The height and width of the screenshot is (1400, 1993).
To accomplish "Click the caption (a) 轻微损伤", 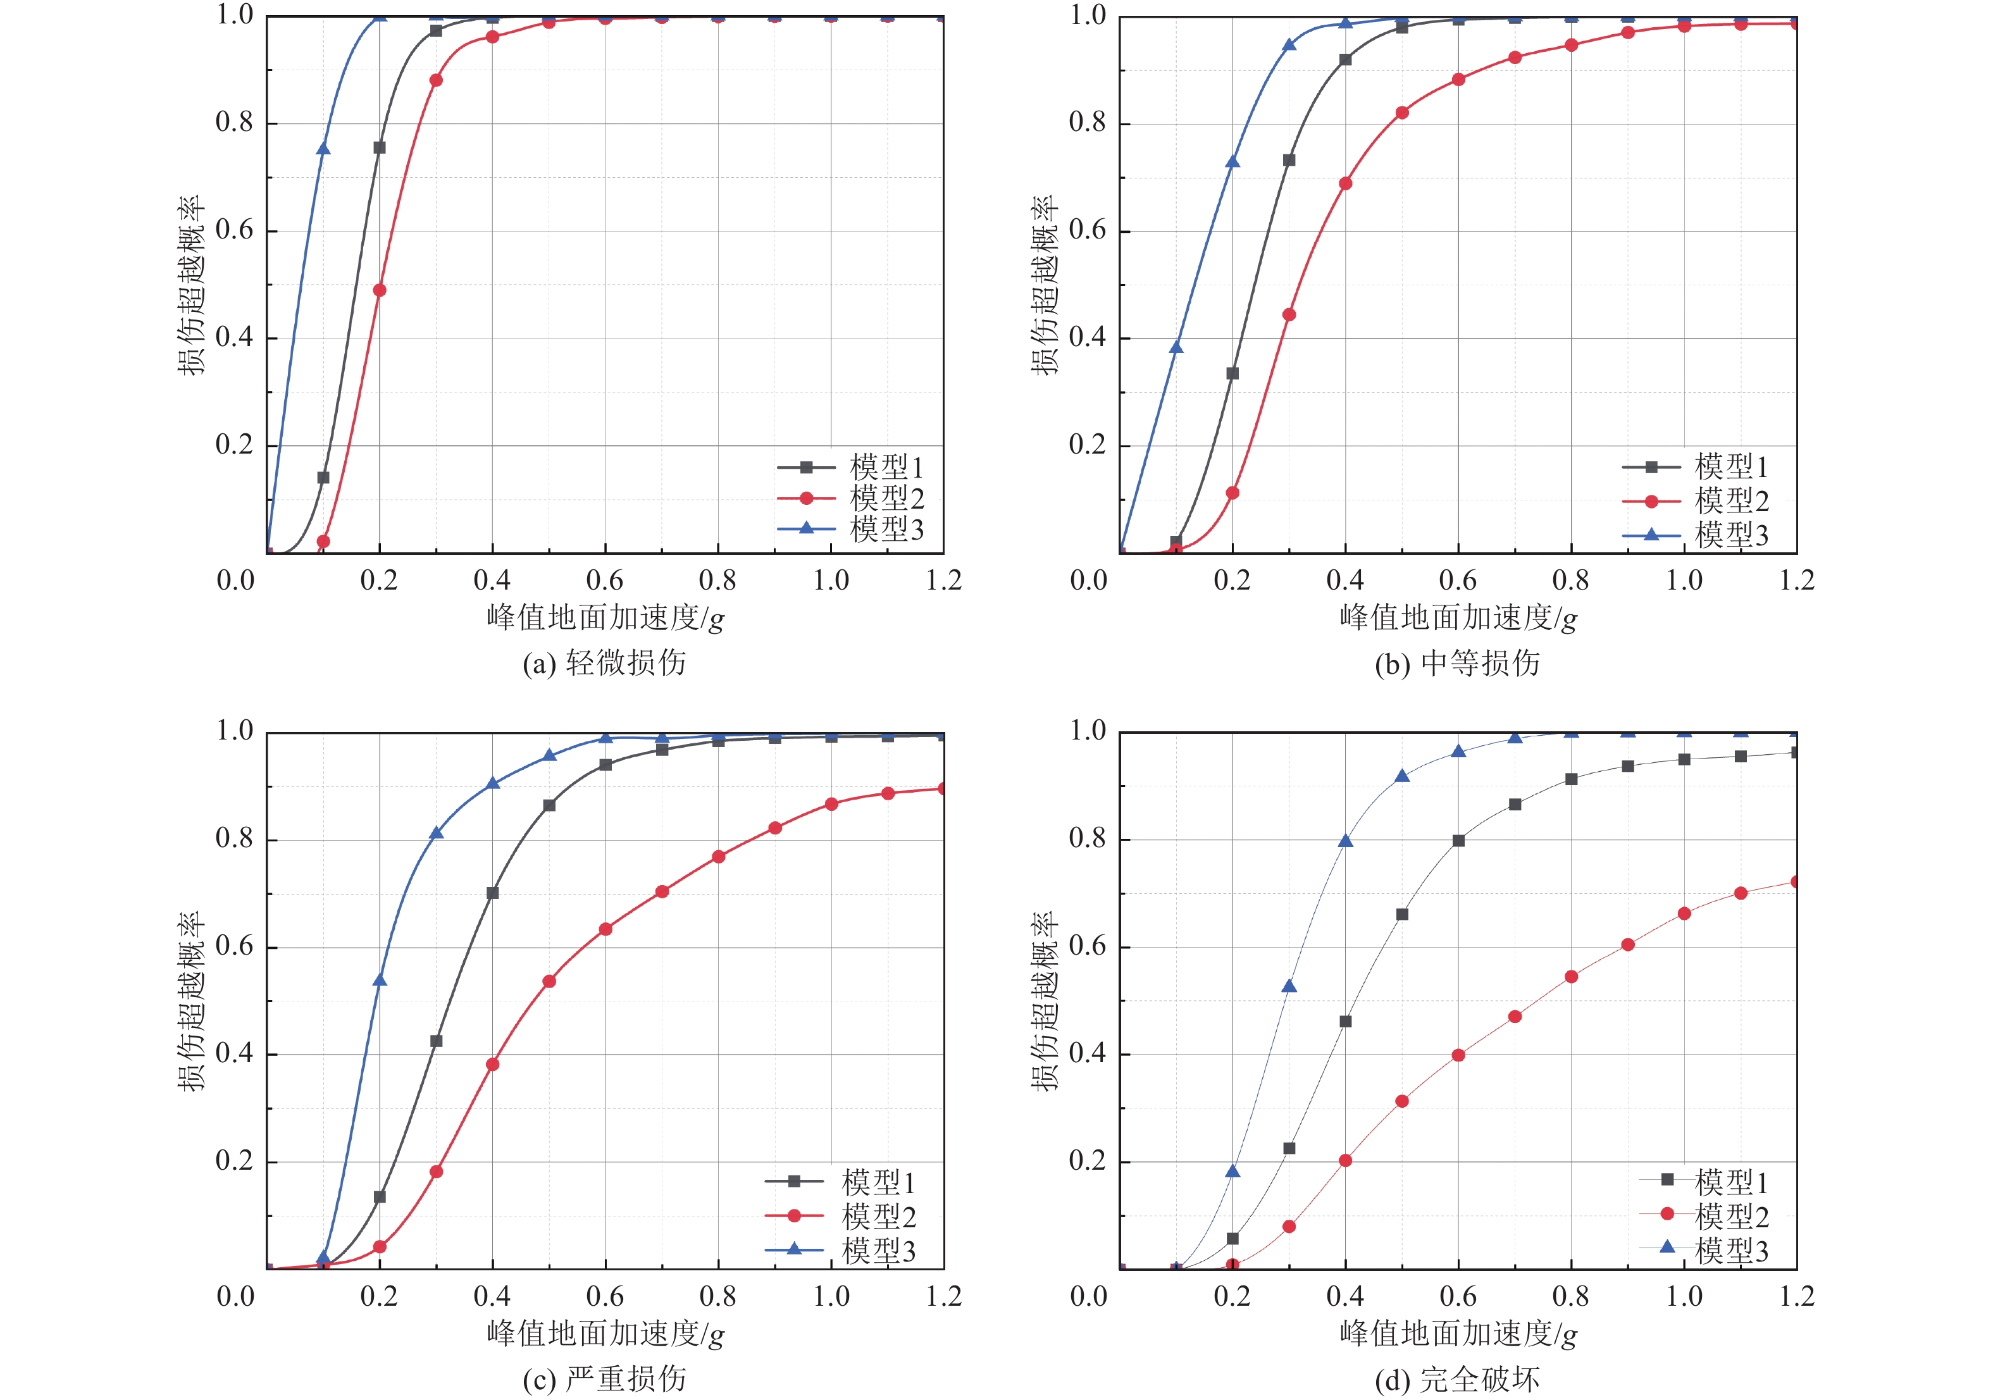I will tap(604, 663).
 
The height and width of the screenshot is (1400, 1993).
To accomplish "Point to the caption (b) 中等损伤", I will tap(1458, 663).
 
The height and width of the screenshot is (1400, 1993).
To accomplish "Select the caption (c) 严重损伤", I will tap(604, 1378).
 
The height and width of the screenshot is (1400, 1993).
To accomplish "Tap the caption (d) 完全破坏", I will tap(1458, 1378).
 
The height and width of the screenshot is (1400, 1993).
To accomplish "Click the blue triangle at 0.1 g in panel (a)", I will tap(323, 149).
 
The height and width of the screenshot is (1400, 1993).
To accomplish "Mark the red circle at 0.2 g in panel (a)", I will tap(380, 290).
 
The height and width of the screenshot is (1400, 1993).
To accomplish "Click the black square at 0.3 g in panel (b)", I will tap(1289, 161).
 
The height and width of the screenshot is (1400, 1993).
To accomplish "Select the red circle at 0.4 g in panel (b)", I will tap(1346, 183).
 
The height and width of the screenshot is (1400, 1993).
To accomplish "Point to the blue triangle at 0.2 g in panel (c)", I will tap(380, 980).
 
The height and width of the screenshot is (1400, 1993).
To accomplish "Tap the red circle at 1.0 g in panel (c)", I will tap(831, 803).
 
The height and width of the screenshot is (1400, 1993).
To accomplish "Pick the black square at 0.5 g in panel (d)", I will tap(1402, 914).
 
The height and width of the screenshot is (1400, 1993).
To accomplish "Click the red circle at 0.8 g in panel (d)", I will tap(1571, 976).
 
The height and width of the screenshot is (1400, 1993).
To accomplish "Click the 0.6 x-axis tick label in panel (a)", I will tap(605, 579).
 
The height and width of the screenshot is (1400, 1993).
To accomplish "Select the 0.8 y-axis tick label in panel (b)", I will tap(1088, 122).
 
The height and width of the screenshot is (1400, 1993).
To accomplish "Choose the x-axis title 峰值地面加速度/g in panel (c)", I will tap(605, 1333).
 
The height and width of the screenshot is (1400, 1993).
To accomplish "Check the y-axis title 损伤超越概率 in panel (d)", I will tap(1045, 1001).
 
